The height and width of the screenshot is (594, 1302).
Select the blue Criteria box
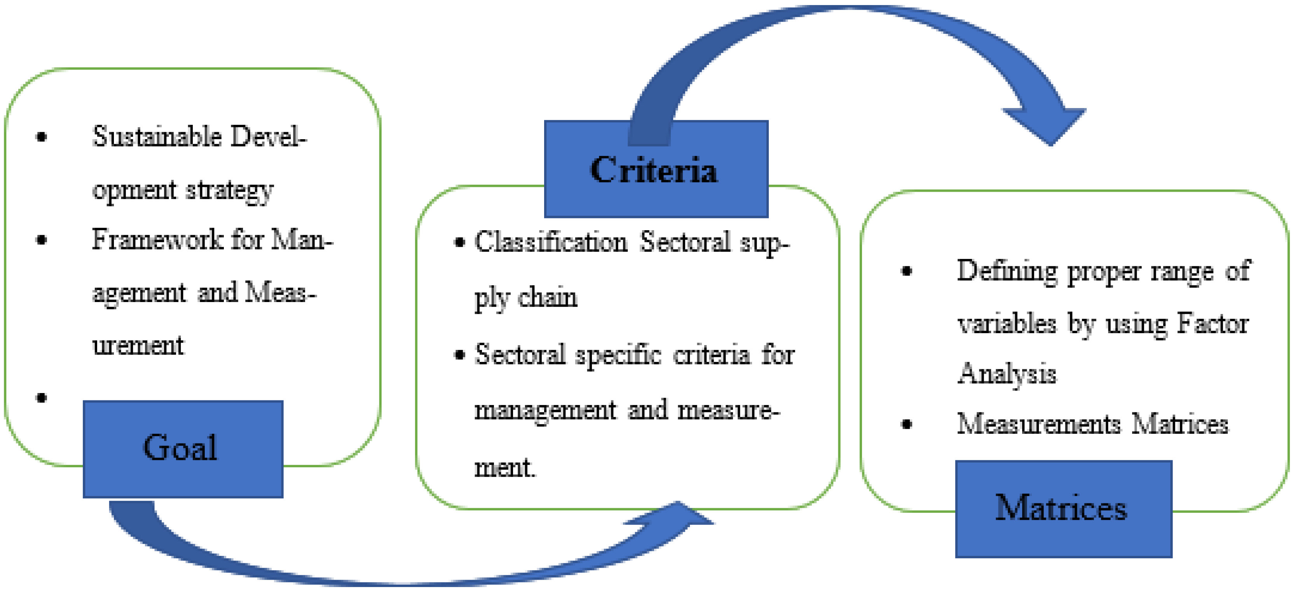point(656,169)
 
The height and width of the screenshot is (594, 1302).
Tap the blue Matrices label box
point(1063,508)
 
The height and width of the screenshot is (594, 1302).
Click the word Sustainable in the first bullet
point(157,136)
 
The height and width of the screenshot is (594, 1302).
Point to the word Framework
point(157,239)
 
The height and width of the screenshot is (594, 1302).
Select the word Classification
point(550,242)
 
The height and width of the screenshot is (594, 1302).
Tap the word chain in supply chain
point(547,297)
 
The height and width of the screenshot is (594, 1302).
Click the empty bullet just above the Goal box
point(42,398)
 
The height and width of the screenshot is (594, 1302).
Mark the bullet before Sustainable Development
point(42,136)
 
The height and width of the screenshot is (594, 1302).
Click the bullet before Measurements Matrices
point(907,424)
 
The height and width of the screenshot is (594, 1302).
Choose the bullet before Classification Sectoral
point(459,243)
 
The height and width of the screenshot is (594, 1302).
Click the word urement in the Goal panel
point(138,346)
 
